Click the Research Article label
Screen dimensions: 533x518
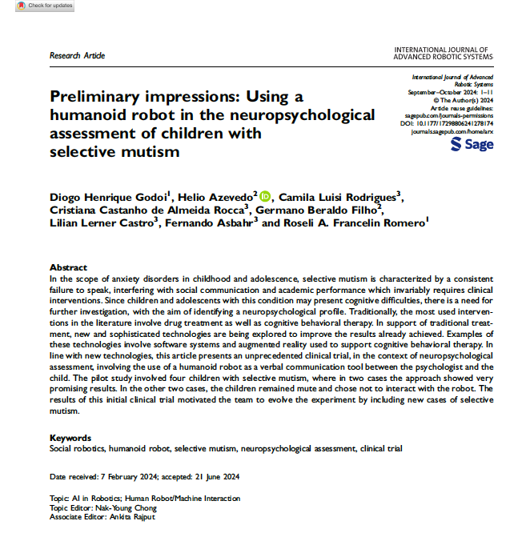(77, 56)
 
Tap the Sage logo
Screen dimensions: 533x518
(472, 144)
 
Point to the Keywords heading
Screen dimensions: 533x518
(70, 438)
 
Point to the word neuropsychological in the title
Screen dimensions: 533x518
(298, 114)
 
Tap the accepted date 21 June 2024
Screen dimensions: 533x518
(216, 477)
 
